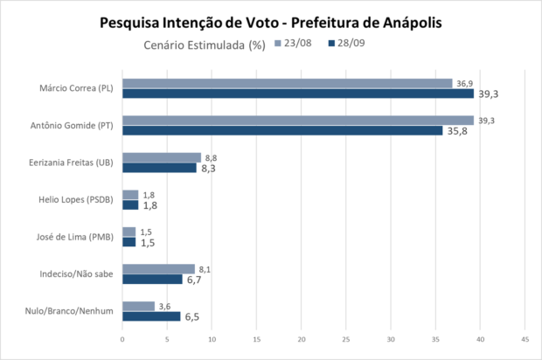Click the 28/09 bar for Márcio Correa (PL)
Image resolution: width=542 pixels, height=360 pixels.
297,93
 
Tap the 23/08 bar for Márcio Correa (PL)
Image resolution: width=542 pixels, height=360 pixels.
287,83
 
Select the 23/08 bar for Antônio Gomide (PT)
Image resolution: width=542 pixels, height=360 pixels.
297,121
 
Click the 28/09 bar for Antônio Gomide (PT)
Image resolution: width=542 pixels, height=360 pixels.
282,131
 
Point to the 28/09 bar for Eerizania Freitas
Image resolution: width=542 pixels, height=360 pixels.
159,168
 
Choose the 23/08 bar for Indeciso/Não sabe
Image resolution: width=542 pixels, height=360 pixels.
158,269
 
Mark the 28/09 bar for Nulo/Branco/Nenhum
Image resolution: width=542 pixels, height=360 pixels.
151,316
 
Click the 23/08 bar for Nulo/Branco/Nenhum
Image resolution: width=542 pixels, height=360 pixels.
138,306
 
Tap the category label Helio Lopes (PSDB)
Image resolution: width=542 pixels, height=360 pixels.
80,200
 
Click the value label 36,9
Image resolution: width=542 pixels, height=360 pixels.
464,82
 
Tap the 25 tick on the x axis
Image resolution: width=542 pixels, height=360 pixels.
346,339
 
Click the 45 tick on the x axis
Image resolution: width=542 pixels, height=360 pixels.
525,339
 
